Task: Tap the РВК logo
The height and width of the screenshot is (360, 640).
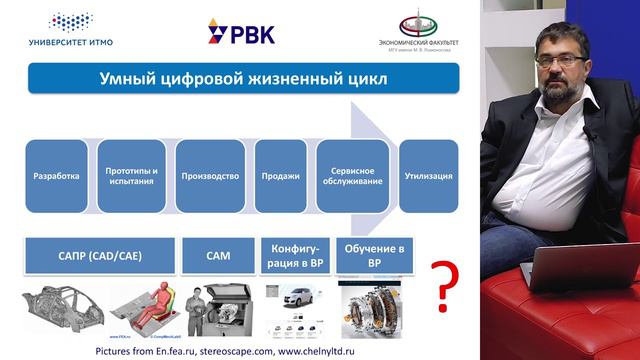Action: (x=241, y=32)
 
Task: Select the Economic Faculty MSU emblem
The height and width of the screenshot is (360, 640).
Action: (x=418, y=30)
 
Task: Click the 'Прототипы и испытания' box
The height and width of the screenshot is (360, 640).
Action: (x=133, y=176)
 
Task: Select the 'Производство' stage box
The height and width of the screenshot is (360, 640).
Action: (x=210, y=176)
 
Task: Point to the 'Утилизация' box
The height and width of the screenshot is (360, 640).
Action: (x=428, y=176)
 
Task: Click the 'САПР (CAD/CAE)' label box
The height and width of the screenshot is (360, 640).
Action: (x=98, y=256)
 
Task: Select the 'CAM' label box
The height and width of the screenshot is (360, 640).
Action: (x=218, y=256)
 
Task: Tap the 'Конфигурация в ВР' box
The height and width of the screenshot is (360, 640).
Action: (x=294, y=255)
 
